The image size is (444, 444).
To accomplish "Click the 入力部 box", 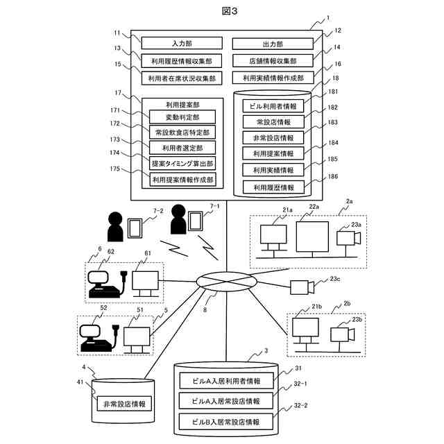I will pos(180,43).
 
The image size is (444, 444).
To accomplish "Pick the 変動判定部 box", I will pos(182,116).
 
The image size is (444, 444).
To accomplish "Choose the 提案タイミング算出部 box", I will pos(182,163).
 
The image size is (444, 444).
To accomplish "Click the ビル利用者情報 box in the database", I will pos(274,106).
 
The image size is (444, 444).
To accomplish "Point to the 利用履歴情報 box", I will pos(274,187).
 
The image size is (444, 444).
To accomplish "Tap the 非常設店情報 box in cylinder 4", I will pos(124,402).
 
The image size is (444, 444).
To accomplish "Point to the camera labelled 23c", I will pos(301,287).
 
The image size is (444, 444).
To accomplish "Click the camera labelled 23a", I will pos(346,237).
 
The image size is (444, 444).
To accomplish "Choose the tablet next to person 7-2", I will pos(135,229).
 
